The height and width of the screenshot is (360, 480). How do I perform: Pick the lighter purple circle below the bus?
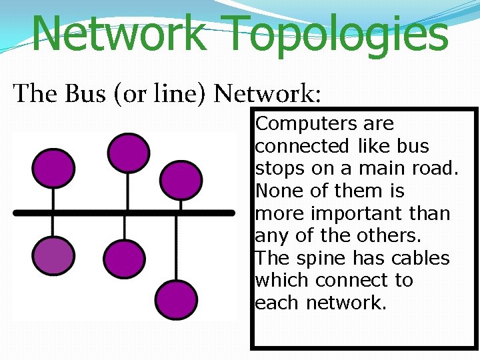(x=53, y=257)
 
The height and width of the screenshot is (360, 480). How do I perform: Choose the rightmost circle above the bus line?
(x=181, y=179)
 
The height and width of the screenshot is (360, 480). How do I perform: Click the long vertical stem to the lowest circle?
(x=175, y=247)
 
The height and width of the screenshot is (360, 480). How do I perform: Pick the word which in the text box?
(x=282, y=281)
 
